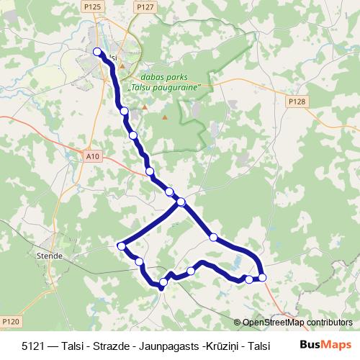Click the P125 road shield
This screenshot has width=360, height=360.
(x=91, y=6)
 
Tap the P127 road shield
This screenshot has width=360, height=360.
(x=145, y=6)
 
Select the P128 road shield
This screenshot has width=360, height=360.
(x=297, y=102)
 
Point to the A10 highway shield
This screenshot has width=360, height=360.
(x=91, y=155)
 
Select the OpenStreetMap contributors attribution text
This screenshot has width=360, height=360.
(x=297, y=323)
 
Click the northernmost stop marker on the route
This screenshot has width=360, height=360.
(x=98, y=51)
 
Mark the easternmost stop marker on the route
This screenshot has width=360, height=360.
(x=262, y=277)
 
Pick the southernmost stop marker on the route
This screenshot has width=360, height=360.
(x=163, y=282)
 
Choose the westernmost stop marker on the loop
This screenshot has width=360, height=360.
(x=122, y=246)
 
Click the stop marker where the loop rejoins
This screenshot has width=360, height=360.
(x=181, y=202)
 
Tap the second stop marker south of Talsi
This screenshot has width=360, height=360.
(x=132, y=135)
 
